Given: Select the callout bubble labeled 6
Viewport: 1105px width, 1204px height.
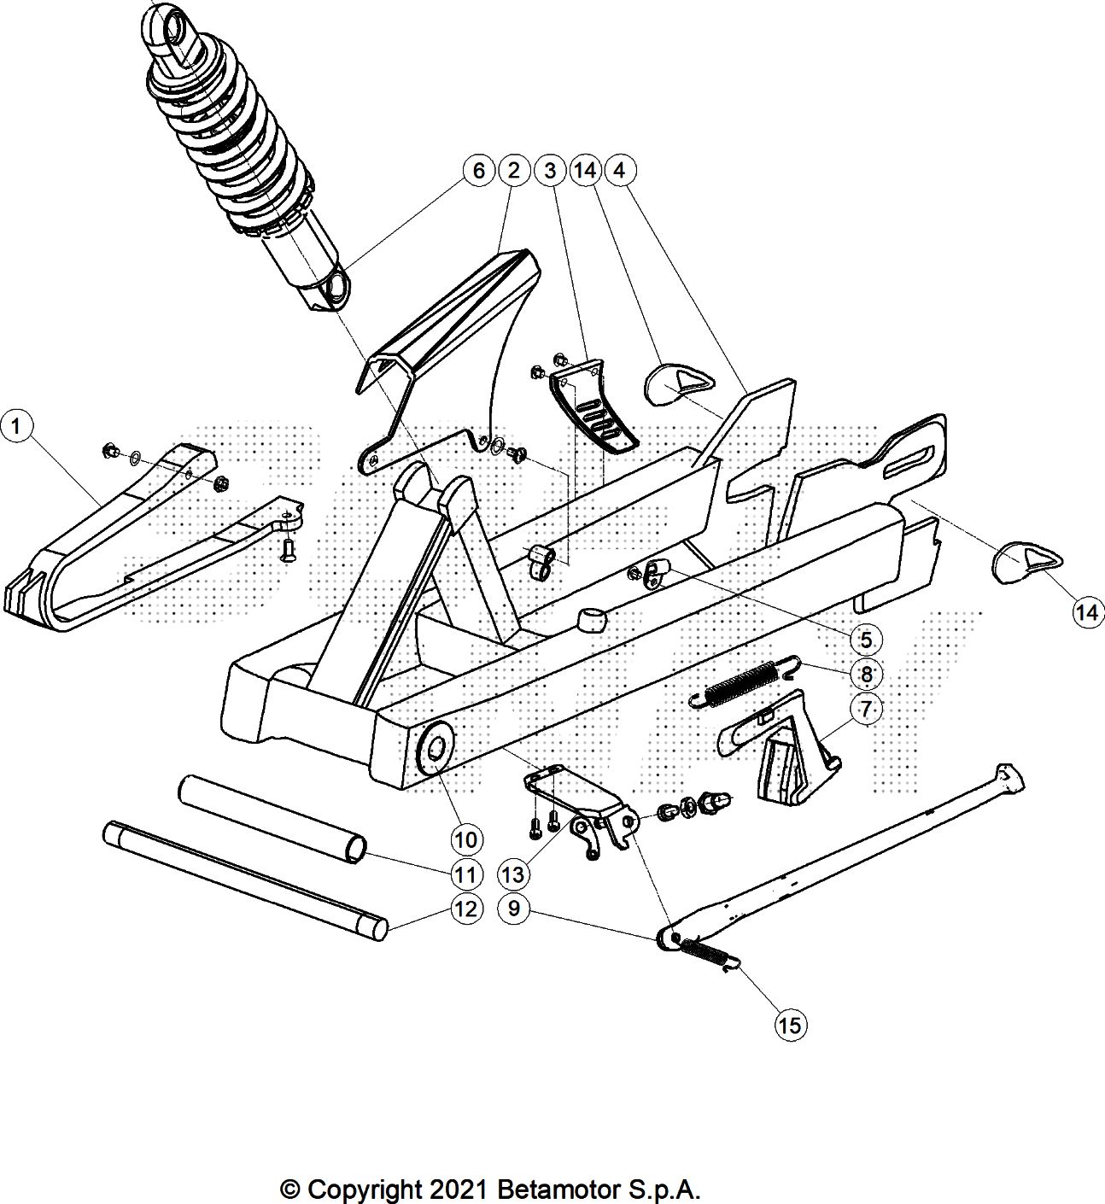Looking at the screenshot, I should point(478,171).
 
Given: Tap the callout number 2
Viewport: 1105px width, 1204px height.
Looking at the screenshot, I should point(513,171).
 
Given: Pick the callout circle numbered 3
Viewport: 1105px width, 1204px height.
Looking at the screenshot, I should point(549,171).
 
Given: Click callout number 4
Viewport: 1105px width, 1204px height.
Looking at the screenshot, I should point(619,171).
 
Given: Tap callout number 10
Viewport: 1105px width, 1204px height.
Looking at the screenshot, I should point(465,839).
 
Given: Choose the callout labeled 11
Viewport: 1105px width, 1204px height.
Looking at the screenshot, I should point(465,874).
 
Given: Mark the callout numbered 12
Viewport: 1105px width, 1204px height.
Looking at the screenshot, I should point(465,909).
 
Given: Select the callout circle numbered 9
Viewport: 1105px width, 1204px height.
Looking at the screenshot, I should point(513,909).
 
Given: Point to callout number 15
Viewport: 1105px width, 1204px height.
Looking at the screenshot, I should point(790,1024).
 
